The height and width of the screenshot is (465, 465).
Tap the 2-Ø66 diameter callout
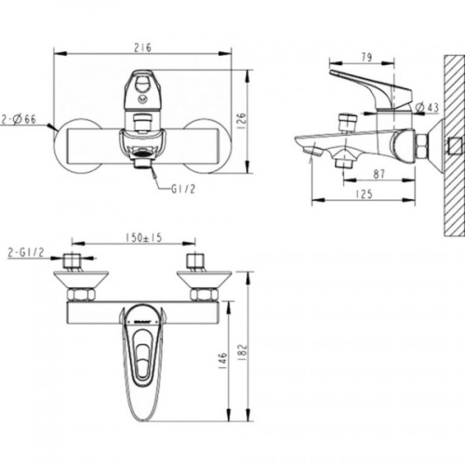tap(21, 120)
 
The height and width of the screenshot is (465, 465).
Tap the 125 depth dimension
tap(365, 193)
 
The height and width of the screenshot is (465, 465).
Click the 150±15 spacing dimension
tap(143, 238)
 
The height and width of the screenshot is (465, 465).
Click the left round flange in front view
tap(74, 146)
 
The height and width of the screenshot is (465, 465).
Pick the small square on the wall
tap(454, 146)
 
